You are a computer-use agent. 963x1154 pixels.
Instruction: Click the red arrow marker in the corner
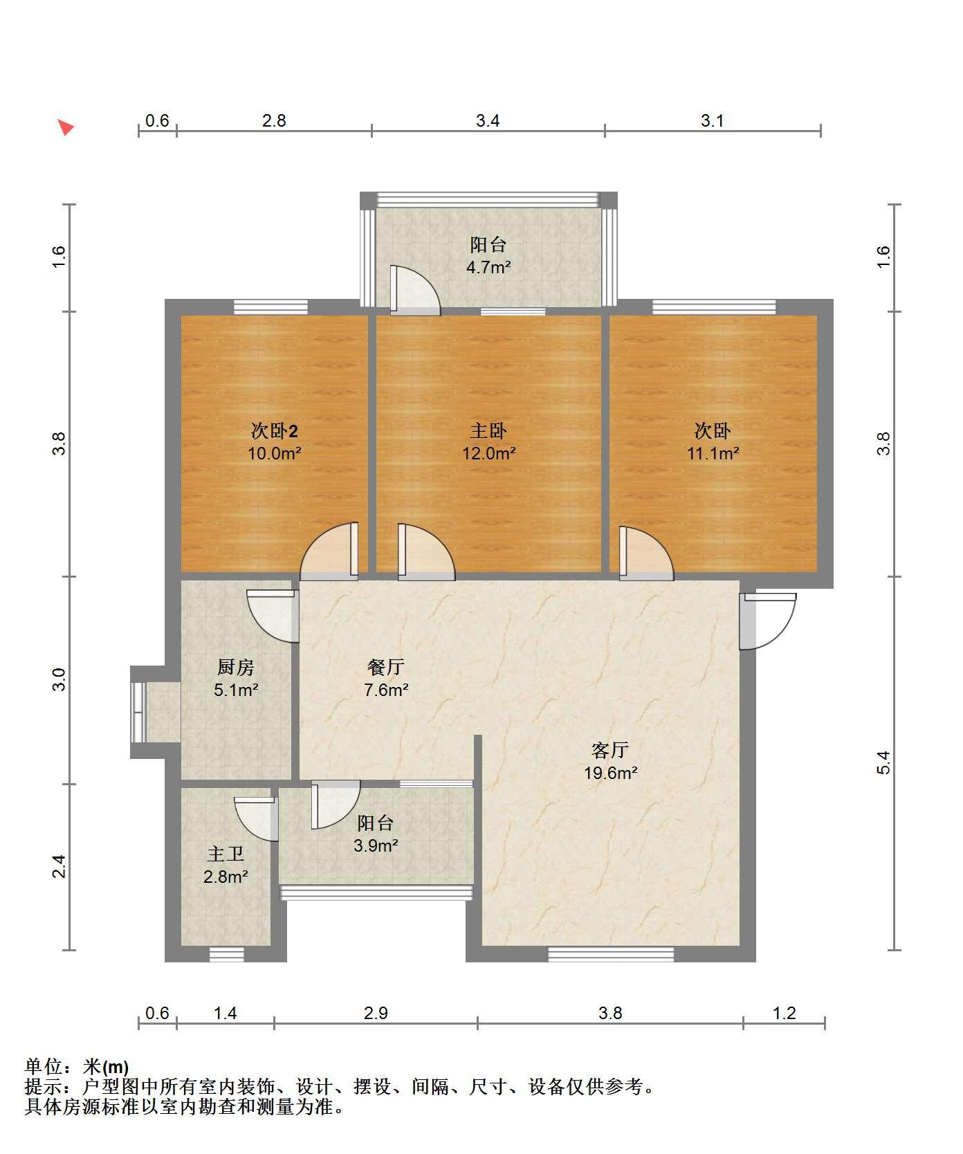point(66,127)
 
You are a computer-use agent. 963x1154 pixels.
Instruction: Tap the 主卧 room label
point(488,431)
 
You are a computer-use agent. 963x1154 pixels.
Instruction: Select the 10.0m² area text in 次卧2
point(275,454)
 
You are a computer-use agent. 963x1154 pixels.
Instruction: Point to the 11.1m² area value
point(713,454)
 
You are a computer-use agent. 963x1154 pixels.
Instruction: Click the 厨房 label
point(236,668)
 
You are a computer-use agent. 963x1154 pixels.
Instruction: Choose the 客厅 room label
point(610,751)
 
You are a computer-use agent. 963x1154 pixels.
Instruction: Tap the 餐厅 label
point(386,668)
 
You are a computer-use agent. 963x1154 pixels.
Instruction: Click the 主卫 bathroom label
point(226,854)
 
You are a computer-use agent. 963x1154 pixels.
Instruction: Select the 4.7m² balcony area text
point(488,267)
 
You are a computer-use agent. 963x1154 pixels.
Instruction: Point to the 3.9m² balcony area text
point(376,845)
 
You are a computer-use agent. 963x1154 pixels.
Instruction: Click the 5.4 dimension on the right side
point(883,762)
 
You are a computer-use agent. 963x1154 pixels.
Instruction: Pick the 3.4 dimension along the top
point(488,121)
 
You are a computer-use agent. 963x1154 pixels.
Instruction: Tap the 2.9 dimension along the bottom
point(376,1014)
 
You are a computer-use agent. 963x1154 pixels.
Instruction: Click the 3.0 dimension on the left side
point(59,679)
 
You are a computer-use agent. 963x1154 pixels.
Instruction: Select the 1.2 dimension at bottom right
point(785,1014)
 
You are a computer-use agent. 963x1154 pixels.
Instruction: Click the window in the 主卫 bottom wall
point(227,954)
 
